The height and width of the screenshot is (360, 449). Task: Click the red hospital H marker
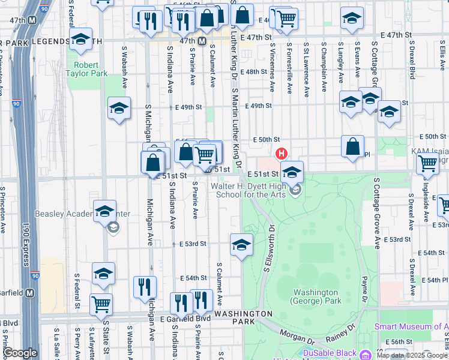tap(280, 154)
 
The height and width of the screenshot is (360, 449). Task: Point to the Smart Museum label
tap(411, 327)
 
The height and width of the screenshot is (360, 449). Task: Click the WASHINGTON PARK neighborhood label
tap(244, 317)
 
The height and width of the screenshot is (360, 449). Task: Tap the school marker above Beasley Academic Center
tap(104, 212)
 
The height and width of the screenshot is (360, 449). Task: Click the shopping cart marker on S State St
tap(101, 304)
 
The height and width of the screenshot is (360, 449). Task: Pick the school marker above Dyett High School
tap(292, 173)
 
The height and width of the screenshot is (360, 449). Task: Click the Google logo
tap(20, 353)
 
